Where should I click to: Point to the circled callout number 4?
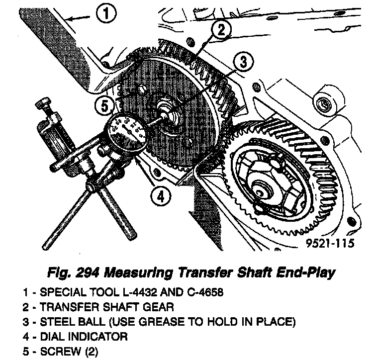click(x=159, y=196)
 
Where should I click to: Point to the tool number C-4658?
click(x=198, y=292)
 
